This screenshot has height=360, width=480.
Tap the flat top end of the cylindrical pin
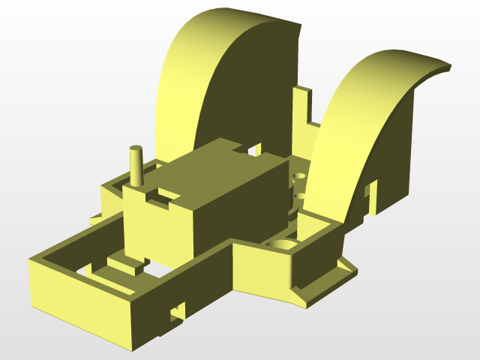pyautogui.click(x=136, y=148)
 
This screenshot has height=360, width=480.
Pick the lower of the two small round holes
pyautogui.click(x=301, y=196)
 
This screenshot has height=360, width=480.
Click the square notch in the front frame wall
pyautogui.click(x=178, y=310)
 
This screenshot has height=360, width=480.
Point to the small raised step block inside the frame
pyautogui.click(x=125, y=263)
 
